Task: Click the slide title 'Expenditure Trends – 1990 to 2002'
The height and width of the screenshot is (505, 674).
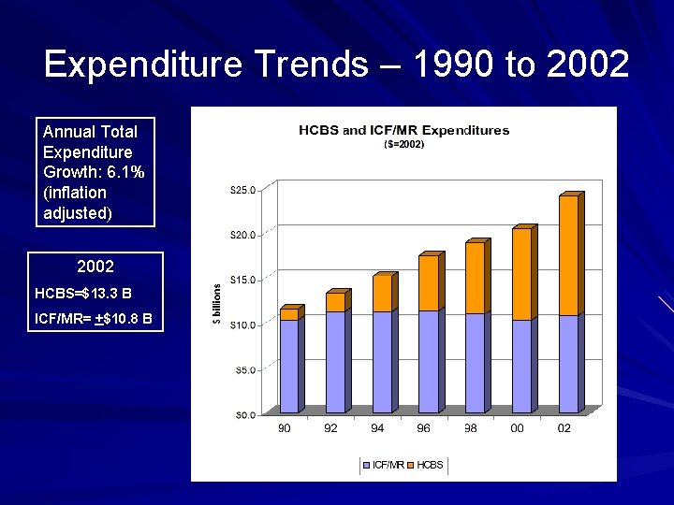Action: (336, 65)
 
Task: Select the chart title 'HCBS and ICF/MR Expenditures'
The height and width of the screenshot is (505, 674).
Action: (403, 130)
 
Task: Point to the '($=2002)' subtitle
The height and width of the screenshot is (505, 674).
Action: (404, 145)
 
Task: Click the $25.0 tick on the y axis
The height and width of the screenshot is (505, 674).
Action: (242, 190)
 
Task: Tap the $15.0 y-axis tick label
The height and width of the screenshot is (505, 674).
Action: (242, 280)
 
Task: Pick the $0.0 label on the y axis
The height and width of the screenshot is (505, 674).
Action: (244, 414)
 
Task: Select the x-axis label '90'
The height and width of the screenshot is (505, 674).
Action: (285, 428)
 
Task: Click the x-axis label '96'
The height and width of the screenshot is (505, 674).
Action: (424, 428)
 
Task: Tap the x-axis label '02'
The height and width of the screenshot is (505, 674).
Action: (564, 428)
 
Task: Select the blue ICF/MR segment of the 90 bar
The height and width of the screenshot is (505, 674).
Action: (288, 366)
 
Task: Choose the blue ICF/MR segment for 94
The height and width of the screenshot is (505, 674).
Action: (381, 362)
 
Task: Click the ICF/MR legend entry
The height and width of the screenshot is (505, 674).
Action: (384, 465)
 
